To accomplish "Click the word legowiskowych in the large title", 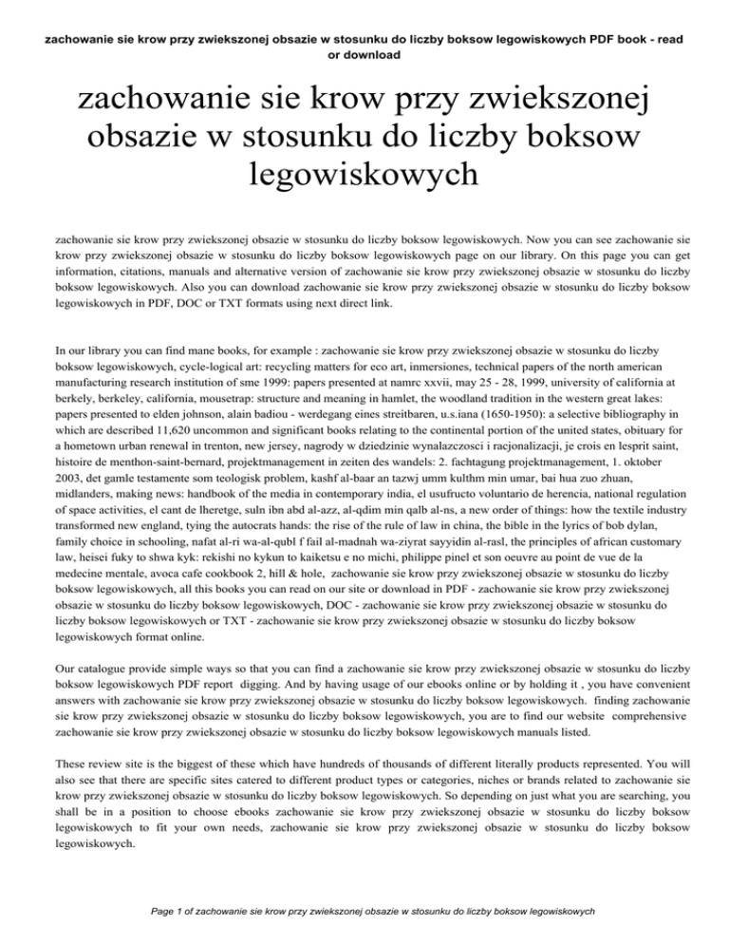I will pyautogui.click(x=364, y=175).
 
